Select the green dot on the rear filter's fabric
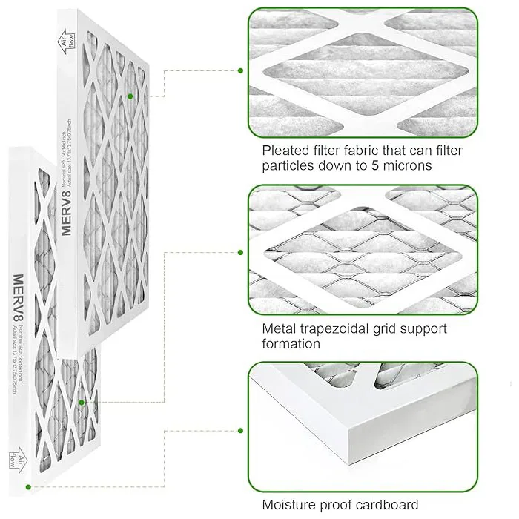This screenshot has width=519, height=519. [130, 96]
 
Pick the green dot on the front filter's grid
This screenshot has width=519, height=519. [82, 403]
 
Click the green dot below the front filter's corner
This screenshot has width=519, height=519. [29, 487]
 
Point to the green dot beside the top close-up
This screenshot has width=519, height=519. [240, 70]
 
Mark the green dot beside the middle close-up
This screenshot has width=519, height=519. [240, 252]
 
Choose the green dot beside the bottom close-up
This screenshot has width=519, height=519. [240, 430]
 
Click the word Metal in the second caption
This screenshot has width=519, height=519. [280, 328]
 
